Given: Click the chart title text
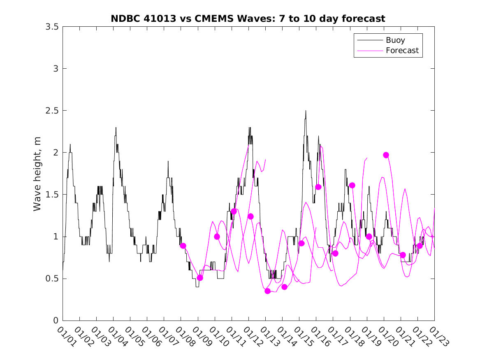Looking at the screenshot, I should tap(248, 19).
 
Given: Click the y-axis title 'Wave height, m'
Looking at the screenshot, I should tap(38, 174).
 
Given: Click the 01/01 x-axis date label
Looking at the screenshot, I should tap(66, 337).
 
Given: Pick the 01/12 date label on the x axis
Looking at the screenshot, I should tap(252, 337).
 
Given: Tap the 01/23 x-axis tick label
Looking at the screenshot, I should tap(438, 337).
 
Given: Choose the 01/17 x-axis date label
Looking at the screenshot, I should tap(336, 337).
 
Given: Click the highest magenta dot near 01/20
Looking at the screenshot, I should tap(386, 155).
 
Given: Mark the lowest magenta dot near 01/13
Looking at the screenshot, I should tap(268, 291).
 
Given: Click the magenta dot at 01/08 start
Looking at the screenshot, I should tap(183, 246).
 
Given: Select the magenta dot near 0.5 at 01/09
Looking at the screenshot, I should tap(200, 278).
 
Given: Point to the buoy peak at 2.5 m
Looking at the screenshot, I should tap(306, 111).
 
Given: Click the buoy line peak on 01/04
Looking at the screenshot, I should tap(116, 128).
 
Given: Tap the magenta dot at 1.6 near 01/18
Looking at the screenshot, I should tap(352, 186).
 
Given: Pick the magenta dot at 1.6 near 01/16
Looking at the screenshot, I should tap(318, 187).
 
